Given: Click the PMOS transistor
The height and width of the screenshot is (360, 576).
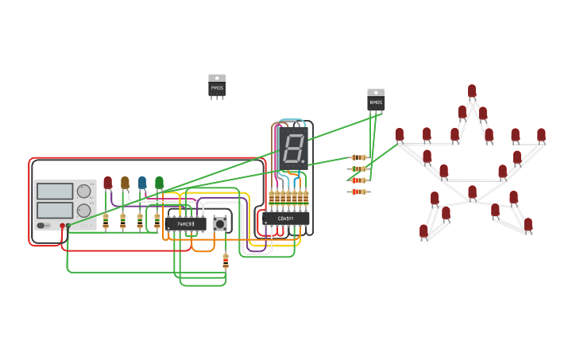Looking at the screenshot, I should coord(217,86).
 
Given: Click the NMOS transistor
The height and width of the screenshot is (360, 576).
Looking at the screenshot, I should coord(376,100).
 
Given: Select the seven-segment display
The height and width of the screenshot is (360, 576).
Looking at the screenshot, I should coord(293,148).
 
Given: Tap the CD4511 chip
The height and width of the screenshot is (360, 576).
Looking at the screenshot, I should coord(286,219).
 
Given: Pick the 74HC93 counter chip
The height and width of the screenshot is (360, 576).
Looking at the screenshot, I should coord(187,224).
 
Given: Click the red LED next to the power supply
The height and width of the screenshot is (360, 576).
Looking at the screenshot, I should coord(108,183).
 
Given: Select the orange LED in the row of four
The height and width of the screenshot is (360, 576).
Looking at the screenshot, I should coord(125,183).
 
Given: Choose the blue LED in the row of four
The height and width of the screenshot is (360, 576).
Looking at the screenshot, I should coord(142,183).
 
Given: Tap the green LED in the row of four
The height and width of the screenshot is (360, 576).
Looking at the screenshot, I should coord(159,183).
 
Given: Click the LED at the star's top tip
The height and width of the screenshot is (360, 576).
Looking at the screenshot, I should coord(472,91).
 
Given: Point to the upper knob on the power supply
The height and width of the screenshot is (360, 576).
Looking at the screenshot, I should coord(83,191).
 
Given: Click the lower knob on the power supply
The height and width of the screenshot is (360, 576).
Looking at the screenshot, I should coord(83,211).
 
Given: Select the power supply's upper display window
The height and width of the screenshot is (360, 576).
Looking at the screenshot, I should coord(55,191).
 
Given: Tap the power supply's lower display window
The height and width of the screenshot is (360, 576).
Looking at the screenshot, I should coord(55,211).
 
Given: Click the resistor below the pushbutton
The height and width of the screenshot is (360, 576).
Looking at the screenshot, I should coord(226,260).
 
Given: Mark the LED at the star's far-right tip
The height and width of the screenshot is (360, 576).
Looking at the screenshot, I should coord(541,135).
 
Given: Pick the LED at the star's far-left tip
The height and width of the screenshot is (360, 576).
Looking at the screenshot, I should coord(400,135).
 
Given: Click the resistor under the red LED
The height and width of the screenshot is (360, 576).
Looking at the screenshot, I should coord(106,219).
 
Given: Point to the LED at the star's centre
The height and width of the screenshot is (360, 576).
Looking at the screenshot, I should coord(472,192).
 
